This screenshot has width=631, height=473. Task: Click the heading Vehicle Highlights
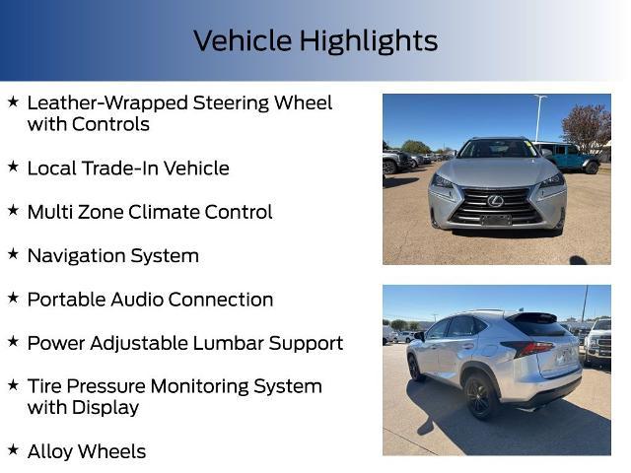point(315,41)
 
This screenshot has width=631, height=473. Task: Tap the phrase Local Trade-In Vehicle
point(128,169)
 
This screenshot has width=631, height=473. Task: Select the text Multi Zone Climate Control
point(150,212)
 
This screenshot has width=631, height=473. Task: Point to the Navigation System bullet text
point(113,255)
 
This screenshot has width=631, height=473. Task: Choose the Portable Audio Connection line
point(150,299)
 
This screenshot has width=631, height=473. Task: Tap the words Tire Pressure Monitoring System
point(175,386)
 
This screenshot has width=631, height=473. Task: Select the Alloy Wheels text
point(87,451)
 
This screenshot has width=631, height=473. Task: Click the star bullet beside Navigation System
point(13,253)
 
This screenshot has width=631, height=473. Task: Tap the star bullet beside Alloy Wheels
point(13,449)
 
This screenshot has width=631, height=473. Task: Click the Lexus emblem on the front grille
point(495,201)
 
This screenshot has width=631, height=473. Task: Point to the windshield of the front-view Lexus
point(497,149)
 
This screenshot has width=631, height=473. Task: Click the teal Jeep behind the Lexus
point(570,156)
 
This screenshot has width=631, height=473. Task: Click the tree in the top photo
point(588,126)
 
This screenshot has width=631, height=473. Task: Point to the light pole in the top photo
point(539,116)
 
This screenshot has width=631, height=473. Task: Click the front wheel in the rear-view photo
point(415,367)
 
